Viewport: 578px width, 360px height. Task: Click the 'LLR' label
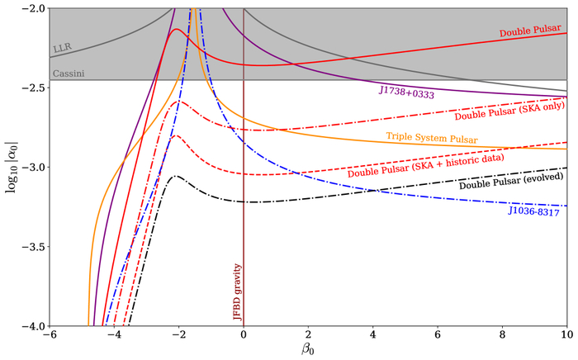[x=61, y=49]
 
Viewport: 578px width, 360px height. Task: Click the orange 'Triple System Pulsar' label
[x=431, y=135]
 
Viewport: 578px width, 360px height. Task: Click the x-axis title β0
[x=307, y=351]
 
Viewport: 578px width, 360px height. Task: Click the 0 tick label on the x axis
[x=243, y=337]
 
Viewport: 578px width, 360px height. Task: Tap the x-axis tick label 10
[x=566, y=337]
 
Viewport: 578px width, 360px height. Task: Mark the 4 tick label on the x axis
[x=372, y=337]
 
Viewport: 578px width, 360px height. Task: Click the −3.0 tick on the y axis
[x=32, y=168]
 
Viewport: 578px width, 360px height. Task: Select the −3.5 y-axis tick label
[x=32, y=247]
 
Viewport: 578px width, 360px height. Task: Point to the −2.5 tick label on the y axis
[x=32, y=88]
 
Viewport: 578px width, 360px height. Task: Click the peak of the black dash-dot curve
[x=176, y=175]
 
